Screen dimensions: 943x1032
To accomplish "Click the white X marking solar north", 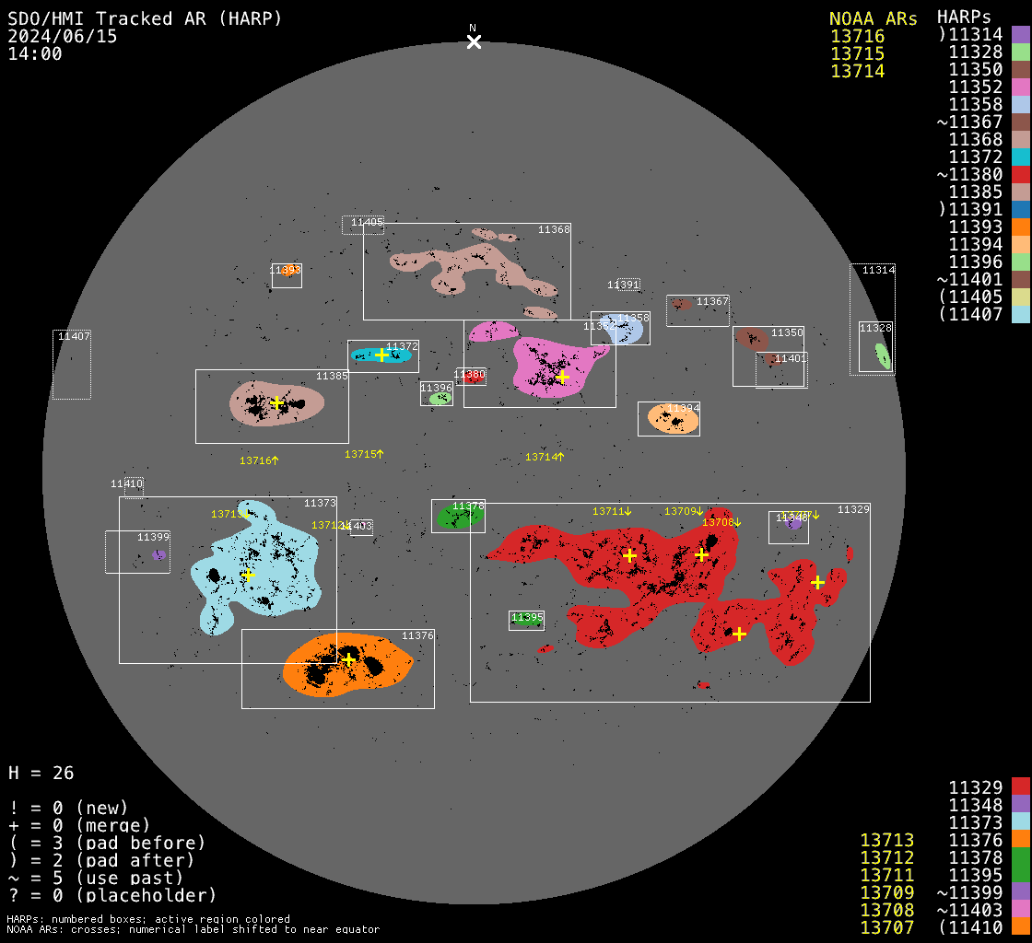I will point(474,42).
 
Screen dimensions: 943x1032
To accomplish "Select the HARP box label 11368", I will point(554,229).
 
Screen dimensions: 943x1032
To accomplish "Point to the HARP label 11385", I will point(332,376).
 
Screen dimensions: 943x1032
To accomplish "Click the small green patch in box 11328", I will point(882,355).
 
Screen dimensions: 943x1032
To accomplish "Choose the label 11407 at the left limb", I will point(74,336).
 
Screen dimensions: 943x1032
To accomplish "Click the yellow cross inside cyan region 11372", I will point(382,355).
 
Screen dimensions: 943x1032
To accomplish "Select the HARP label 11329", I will point(853,509).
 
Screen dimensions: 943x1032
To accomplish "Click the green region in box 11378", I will point(458,518).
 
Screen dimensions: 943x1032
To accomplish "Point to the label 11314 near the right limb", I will point(878,270).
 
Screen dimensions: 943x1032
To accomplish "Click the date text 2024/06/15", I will point(63,36).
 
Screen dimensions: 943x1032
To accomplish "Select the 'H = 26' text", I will point(41,773).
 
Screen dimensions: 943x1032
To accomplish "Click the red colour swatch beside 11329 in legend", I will point(1020,786).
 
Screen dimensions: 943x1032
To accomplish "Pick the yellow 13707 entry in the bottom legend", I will point(886,927).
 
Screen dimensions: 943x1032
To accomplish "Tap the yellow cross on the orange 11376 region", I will point(348,659).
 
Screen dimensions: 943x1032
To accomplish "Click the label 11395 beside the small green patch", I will point(527,617).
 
